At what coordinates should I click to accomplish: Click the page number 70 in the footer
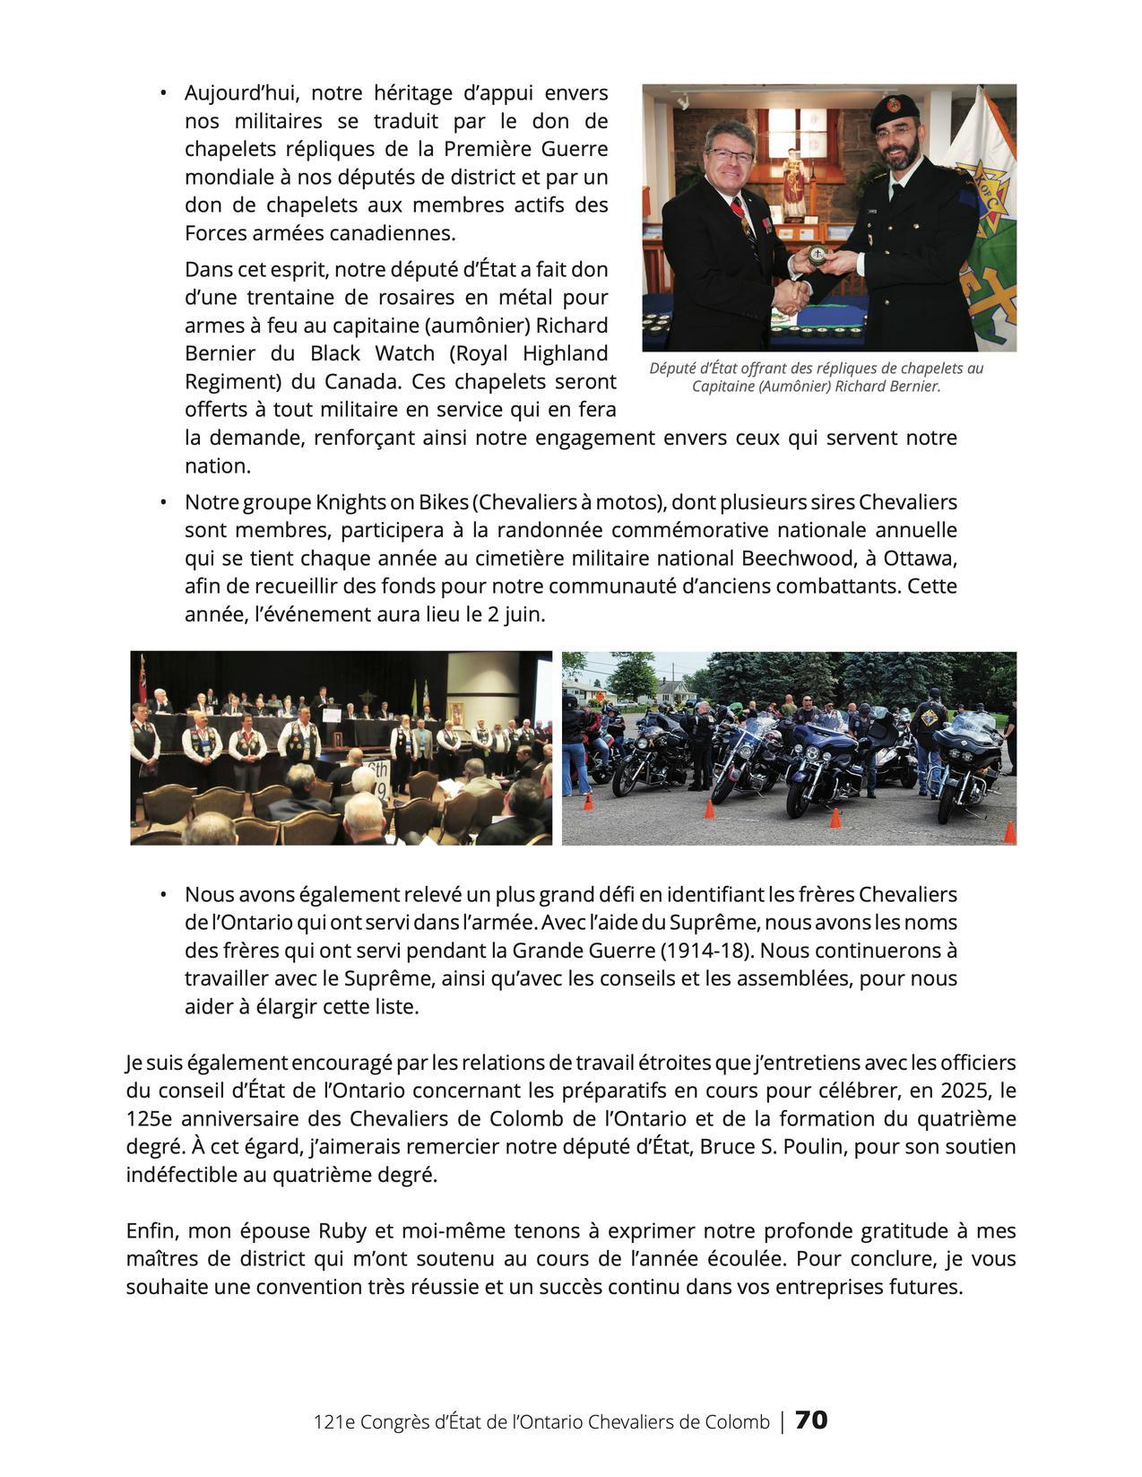[x=811, y=1421]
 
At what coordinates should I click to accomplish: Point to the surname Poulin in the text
[x=813, y=1148]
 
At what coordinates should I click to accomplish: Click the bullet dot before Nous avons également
[x=163, y=895]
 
